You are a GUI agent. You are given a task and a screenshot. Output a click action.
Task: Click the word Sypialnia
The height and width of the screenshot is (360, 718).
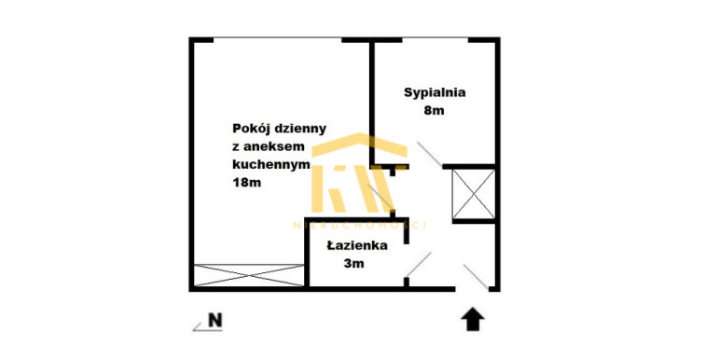pos(435,93)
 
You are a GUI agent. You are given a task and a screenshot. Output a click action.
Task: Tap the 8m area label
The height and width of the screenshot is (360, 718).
pos(435,110)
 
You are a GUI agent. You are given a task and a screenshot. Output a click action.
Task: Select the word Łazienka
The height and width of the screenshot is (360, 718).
pos(357,245)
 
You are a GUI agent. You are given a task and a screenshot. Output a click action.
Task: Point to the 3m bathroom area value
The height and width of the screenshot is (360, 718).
pos(354,263)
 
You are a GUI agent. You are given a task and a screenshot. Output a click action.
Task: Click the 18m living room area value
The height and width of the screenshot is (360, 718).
pos(247,182)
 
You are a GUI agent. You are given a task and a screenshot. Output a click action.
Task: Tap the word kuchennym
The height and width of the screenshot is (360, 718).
pos(271,164)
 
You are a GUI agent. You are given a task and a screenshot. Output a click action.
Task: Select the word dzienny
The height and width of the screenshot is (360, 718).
pos(299,129)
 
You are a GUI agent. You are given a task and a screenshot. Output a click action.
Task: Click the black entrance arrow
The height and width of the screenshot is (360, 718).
pos(472,319)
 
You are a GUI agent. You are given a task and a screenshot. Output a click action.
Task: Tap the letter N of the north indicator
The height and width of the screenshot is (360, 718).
pos(215,320)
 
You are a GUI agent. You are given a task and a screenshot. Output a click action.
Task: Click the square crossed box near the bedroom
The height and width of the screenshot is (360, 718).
pos(474,194)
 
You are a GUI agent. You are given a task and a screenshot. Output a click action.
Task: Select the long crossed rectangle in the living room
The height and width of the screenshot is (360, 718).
pos(249,275)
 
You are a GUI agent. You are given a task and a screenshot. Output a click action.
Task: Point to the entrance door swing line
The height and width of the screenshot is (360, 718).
pos(476,277)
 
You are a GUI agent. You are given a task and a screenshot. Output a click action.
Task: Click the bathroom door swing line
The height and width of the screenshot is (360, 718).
pos(419,264)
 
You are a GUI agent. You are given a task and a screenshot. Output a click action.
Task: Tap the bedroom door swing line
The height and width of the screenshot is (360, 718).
pos(430,154)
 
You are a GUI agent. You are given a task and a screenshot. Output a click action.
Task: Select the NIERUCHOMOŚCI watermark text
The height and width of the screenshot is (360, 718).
pos(359,225)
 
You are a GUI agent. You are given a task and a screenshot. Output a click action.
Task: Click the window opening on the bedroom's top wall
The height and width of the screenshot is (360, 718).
pos(435,40)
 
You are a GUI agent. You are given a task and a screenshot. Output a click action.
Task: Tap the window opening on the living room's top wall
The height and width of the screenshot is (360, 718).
pos(278,40)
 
